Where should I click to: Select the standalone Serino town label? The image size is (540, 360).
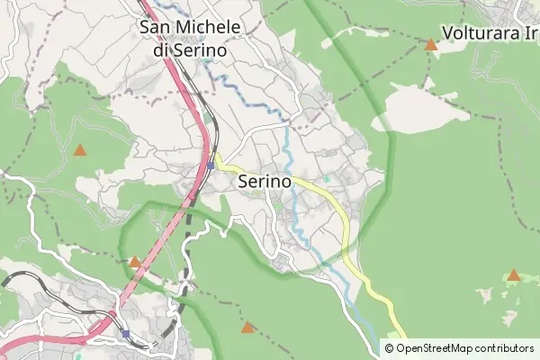coord(265,181)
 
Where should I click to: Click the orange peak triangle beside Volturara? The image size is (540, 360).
coord(431,43)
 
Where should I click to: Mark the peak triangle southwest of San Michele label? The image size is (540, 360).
coord(80,150)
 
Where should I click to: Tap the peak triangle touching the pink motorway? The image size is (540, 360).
coord(134,262)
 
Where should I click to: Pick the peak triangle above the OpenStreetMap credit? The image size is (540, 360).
coord(513,275)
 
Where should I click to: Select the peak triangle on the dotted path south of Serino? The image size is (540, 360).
coord(247,328)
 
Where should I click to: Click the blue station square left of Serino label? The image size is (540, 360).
coord(211,166)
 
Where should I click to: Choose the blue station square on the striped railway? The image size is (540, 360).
coord(126,334)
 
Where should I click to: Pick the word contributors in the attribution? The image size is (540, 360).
coord(505,348)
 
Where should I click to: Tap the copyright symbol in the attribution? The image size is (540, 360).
coord(391,348)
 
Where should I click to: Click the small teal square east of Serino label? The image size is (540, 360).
coord(327,179)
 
